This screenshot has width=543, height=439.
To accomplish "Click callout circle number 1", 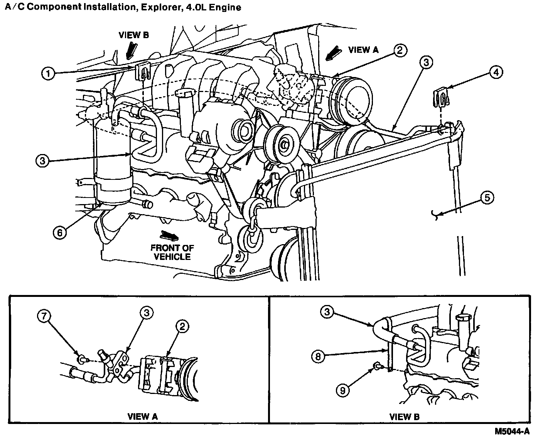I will pyautogui.click(x=48, y=74).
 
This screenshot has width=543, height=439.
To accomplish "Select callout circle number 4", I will pyautogui.click(x=496, y=72).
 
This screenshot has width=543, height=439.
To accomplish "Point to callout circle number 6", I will pyautogui.click(x=60, y=232).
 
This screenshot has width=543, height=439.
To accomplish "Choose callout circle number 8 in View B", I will pyautogui.click(x=318, y=357).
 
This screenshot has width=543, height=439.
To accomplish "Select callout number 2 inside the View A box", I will pyautogui.click(x=182, y=327).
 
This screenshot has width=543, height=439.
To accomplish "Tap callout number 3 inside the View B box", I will pyautogui.click(x=327, y=312).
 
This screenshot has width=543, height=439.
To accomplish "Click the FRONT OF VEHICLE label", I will pyautogui.click(x=172, y=252).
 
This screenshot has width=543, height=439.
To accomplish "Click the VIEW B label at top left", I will pyautogui.click(x=133, y=35).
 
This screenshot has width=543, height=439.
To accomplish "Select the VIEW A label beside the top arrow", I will pyautogui.click(x=363, y=50).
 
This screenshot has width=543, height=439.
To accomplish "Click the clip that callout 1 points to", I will pyautogui.click(x=143, y=72).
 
